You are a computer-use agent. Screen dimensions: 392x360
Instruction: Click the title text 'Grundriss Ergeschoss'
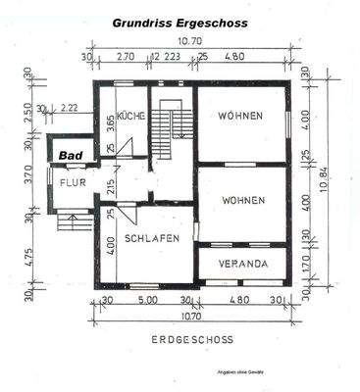click(180, 21)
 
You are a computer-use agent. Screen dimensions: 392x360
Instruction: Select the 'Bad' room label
click(69, 155)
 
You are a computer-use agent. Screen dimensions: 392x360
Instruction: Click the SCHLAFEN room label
click(151, 238)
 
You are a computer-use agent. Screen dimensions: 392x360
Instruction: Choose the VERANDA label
click(242, 264)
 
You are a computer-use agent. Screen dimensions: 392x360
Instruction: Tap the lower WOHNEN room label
click(242, 200)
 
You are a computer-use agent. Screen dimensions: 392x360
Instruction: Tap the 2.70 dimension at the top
click(126, 57)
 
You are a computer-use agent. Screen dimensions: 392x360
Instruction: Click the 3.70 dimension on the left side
click(27, 179)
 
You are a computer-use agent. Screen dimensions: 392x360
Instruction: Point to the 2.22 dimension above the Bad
click(69, 108)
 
